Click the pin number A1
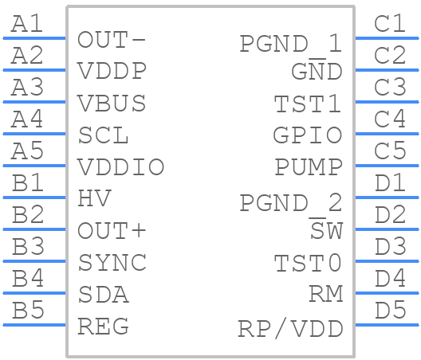[27, 24]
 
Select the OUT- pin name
[112, 40]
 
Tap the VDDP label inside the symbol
[112, 71]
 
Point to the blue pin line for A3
[34, 102]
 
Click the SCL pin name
[103, 135]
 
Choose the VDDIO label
[120, 166]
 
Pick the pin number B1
[28, 182]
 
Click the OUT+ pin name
[112, 230]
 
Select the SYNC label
[112, 262]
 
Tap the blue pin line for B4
[34, 293]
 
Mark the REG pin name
[103, 327]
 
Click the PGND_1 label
[291, 44]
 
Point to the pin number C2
[390, 55]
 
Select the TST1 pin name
[308, 104]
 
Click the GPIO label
[308, 135]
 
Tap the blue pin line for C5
[387, 166]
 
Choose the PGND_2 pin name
[291, 203]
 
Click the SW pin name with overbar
[326, 229]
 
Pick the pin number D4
[390, 278]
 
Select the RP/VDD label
[290, 328]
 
